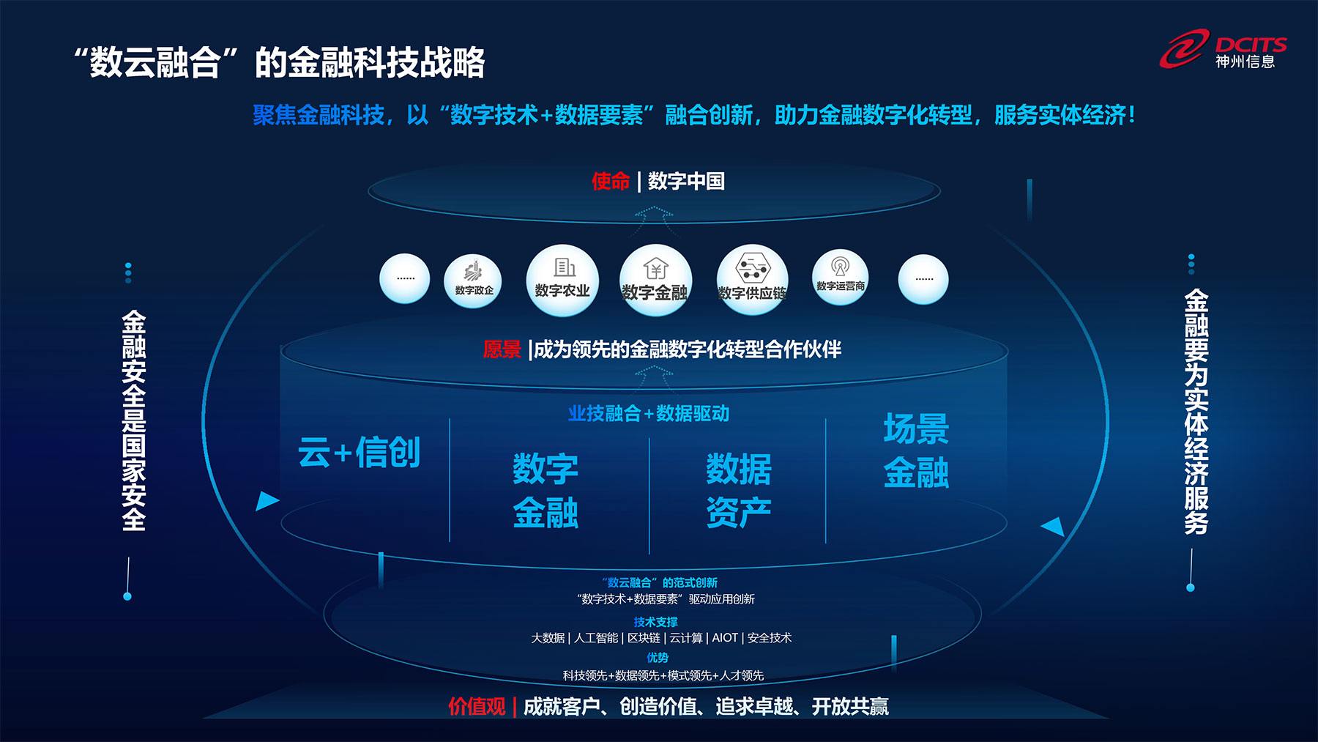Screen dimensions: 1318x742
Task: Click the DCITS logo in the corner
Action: click(x=1223, y=49)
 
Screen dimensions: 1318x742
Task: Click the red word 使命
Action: click(x=611, y=181)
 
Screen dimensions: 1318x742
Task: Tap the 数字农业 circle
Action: click(x=562, y=281)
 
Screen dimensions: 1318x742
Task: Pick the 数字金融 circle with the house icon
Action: click(x=655, y=281)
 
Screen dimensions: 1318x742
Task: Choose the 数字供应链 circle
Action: click(x=753, y=281)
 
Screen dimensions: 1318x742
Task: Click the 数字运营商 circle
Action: click(x=841, y=278)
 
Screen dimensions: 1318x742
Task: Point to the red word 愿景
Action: click(x=502, y=349)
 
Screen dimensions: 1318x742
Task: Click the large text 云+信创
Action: click(x=359, y=452)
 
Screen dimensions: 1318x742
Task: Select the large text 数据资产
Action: click(x=739, y=490)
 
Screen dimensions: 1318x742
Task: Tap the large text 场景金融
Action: click(x=916, y=450)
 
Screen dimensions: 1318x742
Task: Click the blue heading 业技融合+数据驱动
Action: click(x=649, y=414)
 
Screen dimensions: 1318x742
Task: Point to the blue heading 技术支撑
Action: click(x=655, y=622)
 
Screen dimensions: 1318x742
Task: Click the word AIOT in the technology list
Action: click(x=725, y=638)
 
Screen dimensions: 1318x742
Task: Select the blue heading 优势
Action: click(x=658, y=658)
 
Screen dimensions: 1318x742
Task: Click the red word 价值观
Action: click(x=477, y=707)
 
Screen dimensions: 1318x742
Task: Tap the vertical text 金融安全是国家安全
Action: click(x=134, y=420)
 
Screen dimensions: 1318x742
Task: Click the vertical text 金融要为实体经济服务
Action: click(x=1196, y=412)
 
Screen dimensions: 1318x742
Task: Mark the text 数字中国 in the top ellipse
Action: click(x=686, y=181)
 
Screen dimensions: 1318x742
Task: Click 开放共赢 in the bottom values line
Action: click(x=850, y=707)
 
